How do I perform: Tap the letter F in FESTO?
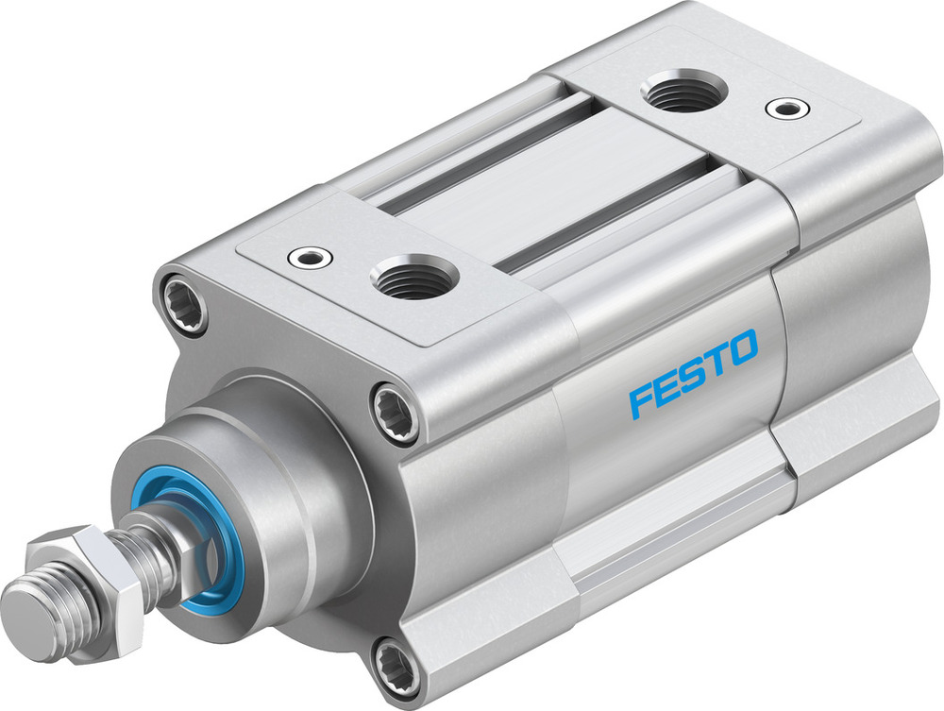pos(643,399)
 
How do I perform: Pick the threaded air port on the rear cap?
pos(683,93)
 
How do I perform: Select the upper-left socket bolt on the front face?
pos(183,302)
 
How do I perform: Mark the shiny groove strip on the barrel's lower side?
pos(680,538)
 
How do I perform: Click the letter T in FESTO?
pos(717,360)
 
